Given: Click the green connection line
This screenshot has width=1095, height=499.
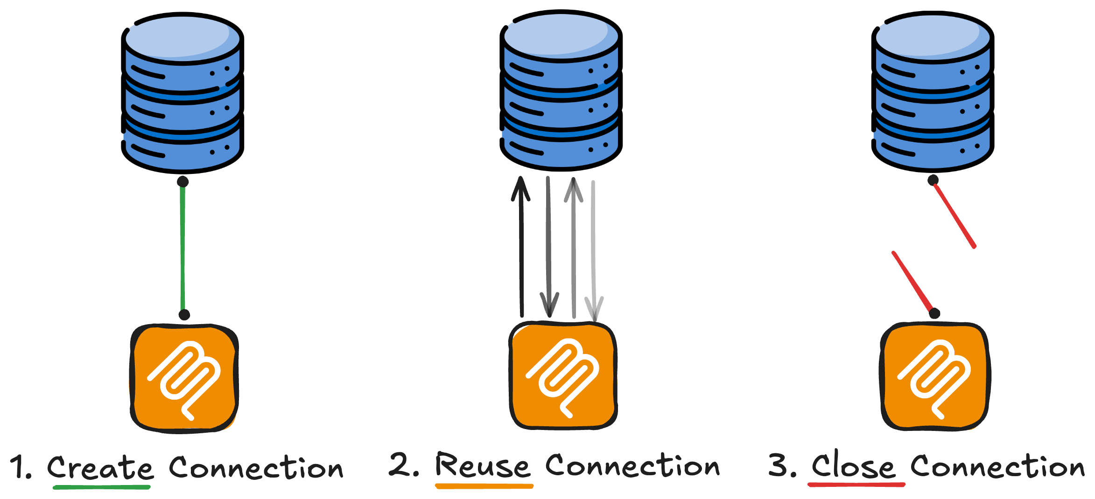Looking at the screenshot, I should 182,247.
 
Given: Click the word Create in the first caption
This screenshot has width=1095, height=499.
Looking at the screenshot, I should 100,468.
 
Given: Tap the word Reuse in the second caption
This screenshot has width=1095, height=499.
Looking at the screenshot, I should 483,466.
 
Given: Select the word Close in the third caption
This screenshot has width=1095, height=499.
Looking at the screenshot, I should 853,466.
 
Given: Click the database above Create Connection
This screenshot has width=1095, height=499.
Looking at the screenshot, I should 182,93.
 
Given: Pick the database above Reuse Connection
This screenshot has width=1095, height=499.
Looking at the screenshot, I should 561,91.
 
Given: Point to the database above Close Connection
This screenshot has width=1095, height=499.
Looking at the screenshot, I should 932,92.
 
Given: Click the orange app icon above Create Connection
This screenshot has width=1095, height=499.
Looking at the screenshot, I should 184,379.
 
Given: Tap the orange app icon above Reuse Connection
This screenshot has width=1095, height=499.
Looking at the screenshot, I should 563,376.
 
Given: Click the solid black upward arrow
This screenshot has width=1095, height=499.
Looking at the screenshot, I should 521,247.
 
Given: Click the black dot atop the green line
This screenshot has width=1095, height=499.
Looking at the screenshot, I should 183,182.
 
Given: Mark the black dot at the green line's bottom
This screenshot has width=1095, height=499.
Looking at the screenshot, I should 184,315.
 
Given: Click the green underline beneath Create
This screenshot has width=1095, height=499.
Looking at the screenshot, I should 101,487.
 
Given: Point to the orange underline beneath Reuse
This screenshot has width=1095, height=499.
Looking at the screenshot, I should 484,486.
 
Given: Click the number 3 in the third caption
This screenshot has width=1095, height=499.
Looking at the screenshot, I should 778,465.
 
